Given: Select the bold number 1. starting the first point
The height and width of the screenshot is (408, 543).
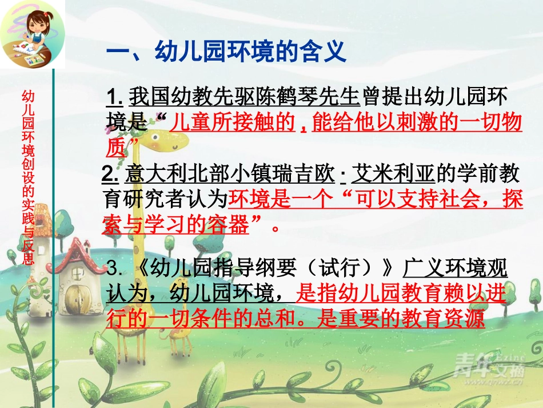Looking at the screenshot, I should pos(114,96).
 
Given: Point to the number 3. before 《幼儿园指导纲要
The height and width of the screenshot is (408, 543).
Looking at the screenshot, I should pos(115,268).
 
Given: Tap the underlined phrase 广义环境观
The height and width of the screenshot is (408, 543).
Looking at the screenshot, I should pos(455,268).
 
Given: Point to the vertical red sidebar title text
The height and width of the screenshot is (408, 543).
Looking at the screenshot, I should pos(27,177).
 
